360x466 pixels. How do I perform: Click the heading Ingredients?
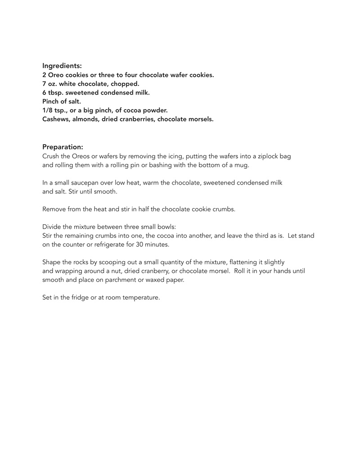tap(62, 66)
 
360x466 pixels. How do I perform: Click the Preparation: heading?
tap(63, 147)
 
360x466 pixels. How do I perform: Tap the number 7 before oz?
tap(45, 84)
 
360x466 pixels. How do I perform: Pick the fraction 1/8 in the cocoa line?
tap(48, 110)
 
